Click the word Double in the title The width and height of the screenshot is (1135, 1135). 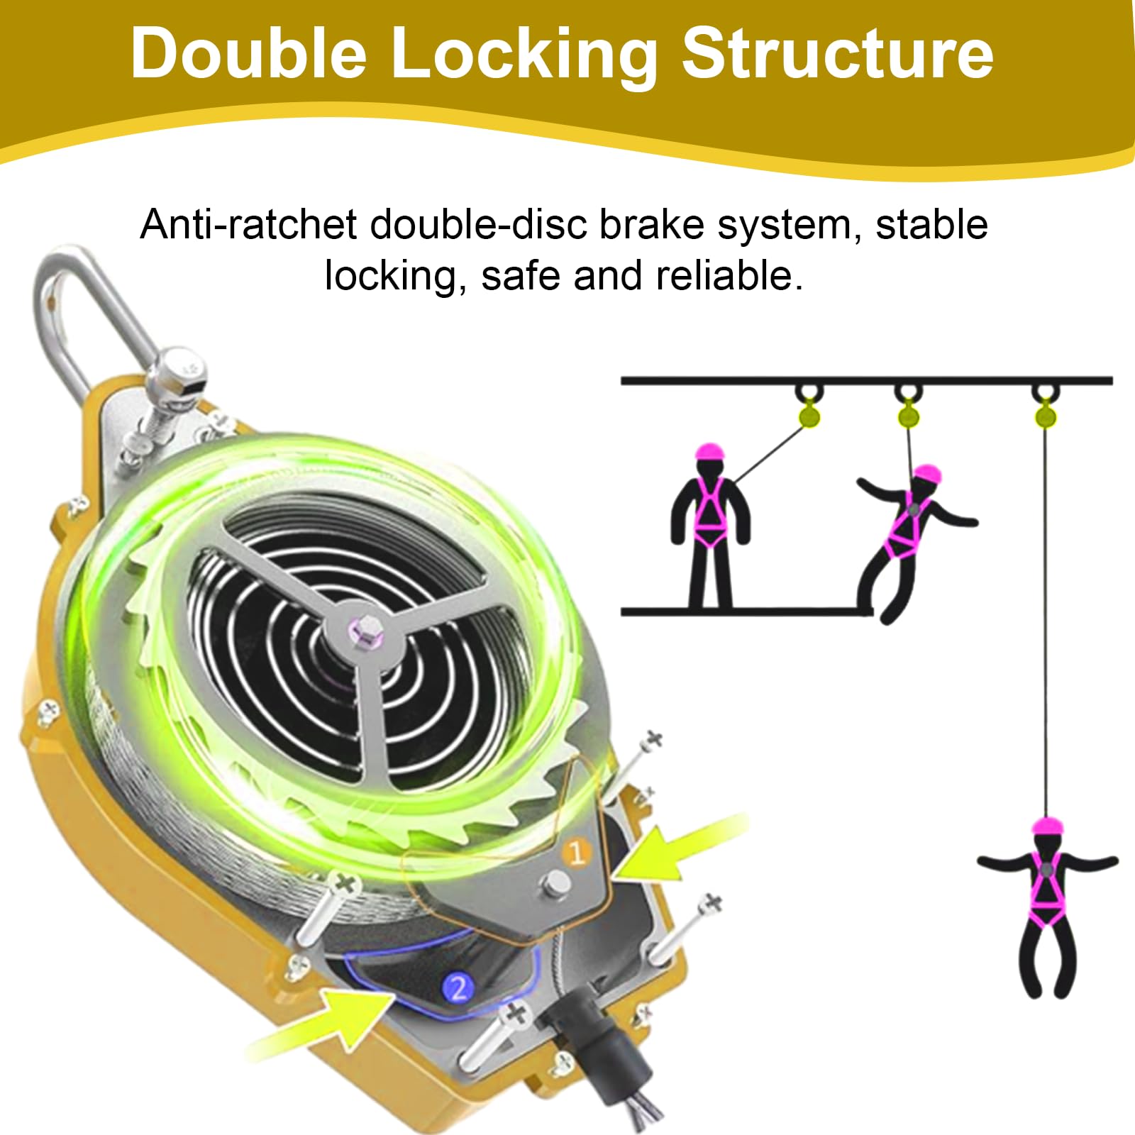248,54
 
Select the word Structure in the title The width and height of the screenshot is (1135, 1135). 837,54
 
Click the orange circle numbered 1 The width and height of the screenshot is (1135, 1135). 576,852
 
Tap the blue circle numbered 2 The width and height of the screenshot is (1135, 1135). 458,987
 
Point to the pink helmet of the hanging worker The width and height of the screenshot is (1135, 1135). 1046,826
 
